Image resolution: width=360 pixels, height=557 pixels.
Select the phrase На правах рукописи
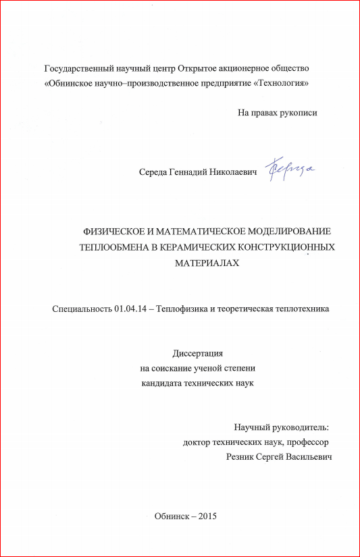click(277, 113)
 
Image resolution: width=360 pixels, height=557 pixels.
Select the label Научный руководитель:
click(282, 427)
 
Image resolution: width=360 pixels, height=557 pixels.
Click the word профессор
click(307, 442)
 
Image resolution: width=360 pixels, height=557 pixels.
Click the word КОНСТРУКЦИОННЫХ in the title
click(283, 246)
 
